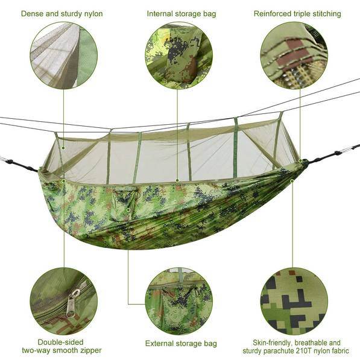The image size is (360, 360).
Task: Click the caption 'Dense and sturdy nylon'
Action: coord(62,13)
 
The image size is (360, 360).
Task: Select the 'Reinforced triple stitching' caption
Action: coord(297,13)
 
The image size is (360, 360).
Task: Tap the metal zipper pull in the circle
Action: coord(71,302)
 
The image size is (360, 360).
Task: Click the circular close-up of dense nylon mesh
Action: coord(63,55)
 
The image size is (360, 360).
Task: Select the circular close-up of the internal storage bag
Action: coord(178,55)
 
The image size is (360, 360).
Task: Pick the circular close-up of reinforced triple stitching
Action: coord(294,55)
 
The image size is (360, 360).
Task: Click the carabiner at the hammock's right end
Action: coord(349,149)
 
